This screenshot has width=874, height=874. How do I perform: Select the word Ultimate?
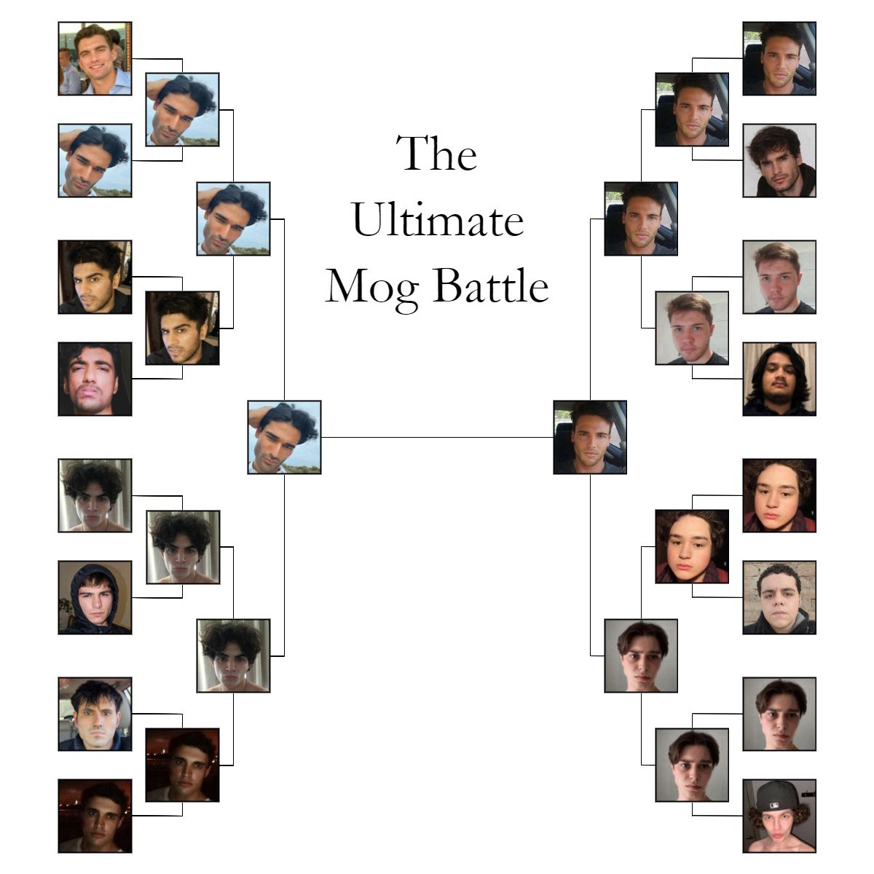click(x=437, y=219)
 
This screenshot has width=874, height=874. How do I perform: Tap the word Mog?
click(x=372, y=288)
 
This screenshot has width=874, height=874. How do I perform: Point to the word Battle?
click(x=491, y=285)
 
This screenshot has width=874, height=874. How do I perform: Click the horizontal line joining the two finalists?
click(x=437, y=437)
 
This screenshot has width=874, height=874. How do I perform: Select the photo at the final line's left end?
click(x=284, y=437)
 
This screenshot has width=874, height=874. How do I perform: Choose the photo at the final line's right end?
click(x=590, y=437)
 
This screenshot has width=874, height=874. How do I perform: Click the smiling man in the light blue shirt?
click(x=95, y=58)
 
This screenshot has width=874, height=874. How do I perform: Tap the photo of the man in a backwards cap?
click(x=779, y=816)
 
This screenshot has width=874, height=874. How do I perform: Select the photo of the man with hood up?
click(x=95, y=597)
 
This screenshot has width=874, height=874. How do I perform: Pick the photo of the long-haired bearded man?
click(x=779, y=379)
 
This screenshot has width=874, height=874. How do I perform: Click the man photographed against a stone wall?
click(x=779, y=597)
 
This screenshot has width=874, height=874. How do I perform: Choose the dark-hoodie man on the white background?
click(x=779, y=160)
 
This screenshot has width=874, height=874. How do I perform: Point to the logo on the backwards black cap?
click(x=775, y=806)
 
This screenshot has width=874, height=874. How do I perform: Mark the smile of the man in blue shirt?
click(x=97, y=68)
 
